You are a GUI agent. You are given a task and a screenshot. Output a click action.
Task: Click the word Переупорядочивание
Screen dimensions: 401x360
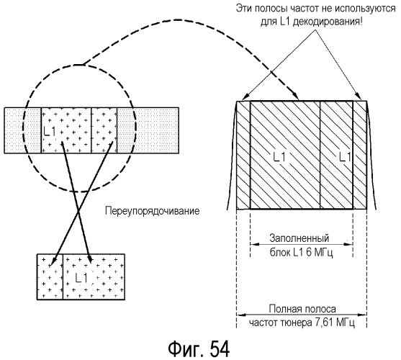point(152,212)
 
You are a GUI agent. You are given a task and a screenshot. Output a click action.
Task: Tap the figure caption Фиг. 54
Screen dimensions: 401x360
point(199,349)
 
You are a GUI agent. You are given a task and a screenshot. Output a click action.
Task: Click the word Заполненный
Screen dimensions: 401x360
point(299,238)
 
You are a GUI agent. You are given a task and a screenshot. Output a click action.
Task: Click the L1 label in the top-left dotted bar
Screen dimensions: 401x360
point(50,132)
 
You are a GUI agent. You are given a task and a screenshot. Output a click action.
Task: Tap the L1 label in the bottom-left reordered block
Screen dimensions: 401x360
point(81,278)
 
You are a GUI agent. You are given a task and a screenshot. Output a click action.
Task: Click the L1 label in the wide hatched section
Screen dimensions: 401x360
point(279,157)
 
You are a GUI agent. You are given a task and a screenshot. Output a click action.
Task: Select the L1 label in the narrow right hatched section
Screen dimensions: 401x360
point(345,157)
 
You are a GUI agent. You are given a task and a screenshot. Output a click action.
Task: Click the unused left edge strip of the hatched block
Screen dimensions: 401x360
point(243,156)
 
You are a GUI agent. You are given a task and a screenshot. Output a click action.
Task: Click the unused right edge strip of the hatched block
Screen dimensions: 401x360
point(360,156)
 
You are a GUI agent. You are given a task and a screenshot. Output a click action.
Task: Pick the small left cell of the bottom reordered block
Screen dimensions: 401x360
point(50,277)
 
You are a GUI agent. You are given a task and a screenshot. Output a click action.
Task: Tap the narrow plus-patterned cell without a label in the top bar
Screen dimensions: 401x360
point(104,130)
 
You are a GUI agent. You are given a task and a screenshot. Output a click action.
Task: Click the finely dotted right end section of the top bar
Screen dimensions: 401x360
point(148,130)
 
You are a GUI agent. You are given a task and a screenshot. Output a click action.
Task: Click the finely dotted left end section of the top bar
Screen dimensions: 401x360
point(23,130)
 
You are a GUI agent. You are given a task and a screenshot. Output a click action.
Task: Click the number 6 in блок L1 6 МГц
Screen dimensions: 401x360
point(309,253)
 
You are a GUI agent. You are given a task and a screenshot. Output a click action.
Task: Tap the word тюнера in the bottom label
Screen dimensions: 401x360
point(296,323)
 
